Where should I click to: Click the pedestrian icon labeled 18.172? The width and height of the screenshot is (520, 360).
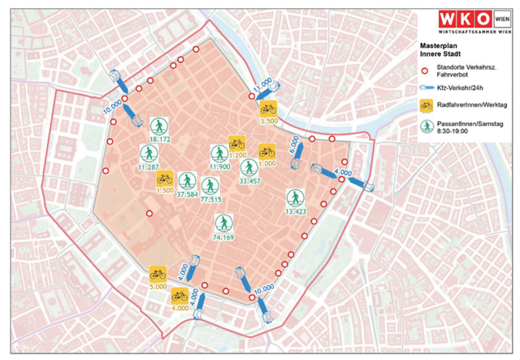pos(159,125)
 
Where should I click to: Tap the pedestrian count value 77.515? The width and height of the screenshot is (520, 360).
pos(211,198)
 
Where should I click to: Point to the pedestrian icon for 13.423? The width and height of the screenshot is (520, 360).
pos(294,197)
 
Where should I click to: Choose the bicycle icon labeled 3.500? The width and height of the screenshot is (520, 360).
pos(268,108)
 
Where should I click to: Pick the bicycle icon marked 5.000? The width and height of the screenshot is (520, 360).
pos(158,275)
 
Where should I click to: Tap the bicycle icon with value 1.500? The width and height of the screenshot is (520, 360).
pos(164,178)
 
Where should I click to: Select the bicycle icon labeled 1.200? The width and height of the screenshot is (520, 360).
pos(236,142)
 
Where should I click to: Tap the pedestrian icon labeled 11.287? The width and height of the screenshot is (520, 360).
pos(149,154)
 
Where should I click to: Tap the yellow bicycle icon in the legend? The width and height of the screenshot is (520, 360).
pos(426,105)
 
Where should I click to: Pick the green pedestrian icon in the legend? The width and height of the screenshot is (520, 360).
pos(426,125)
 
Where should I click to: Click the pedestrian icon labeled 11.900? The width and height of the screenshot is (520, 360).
pos(219,154)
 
